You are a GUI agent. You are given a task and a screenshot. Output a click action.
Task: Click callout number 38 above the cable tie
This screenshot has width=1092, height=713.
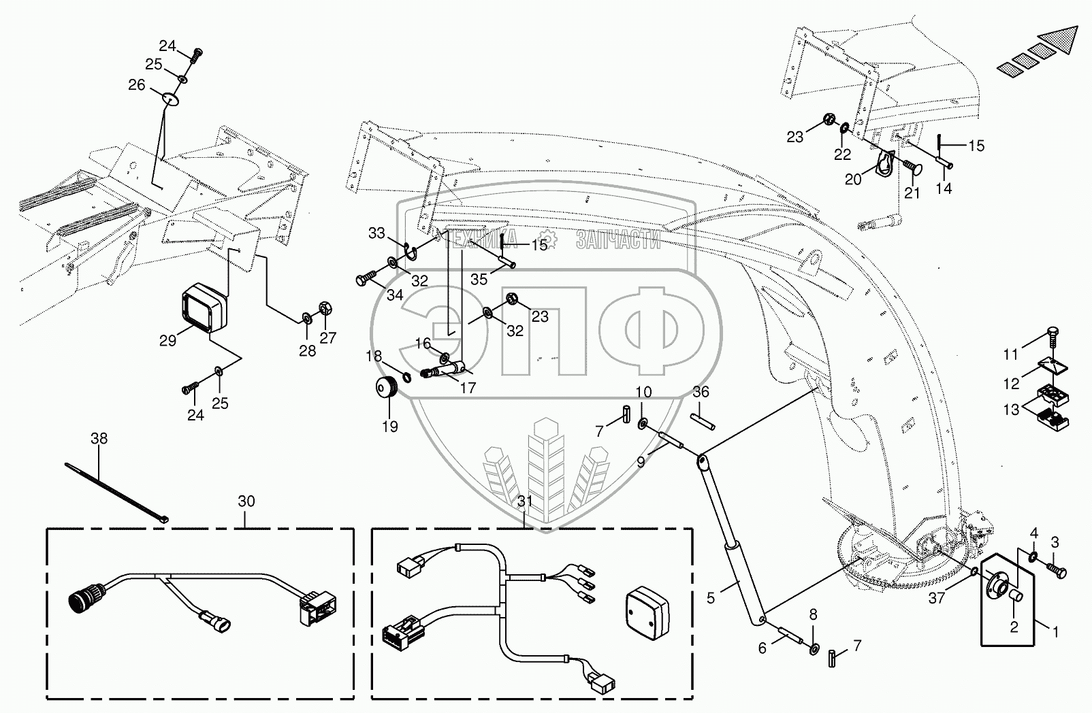99,439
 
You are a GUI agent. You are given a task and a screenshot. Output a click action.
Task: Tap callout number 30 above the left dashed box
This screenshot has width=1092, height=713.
246,501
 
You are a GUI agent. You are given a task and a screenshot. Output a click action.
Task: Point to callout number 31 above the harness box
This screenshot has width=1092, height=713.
525,501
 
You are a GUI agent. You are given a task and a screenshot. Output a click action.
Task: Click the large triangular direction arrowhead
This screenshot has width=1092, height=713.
1057,44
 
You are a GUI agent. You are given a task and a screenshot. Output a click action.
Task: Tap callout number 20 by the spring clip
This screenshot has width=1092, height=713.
852,179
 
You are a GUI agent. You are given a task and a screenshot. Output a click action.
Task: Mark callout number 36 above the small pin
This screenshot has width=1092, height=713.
701,393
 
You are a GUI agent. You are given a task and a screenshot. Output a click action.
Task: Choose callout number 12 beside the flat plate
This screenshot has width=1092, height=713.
1011,384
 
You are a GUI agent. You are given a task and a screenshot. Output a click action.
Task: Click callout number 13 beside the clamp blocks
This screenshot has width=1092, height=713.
1011,410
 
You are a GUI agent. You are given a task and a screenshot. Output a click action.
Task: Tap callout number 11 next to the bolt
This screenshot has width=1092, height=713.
1011,354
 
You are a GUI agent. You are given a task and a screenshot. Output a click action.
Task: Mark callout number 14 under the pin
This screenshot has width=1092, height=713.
944,189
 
